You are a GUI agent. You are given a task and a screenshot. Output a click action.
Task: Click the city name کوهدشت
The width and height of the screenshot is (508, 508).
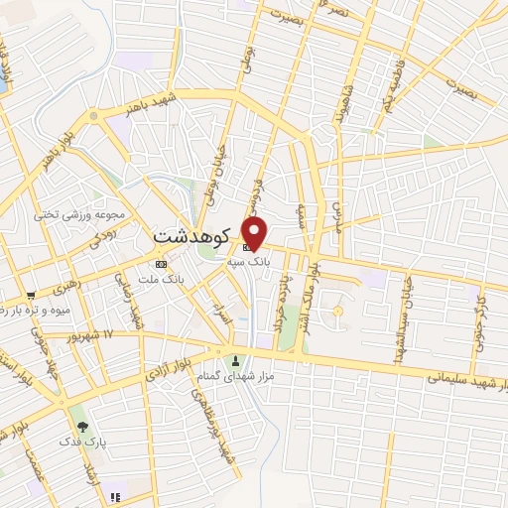tap(192, 238)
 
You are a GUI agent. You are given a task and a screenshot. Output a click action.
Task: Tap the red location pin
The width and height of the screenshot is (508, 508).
tap(255, 234)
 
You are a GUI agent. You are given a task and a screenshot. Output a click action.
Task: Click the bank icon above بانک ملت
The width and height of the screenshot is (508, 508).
tap(162, 264)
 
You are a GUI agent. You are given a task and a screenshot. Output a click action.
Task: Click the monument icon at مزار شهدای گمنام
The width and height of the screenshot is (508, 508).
tap(235, 360)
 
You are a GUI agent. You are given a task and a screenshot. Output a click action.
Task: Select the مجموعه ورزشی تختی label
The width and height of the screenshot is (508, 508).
tap(78, 214)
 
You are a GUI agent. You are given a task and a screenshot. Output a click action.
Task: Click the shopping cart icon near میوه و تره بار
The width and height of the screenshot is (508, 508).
tap(32, 295)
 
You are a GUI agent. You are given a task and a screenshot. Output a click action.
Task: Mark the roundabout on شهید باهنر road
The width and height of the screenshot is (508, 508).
tap(93, 115)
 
